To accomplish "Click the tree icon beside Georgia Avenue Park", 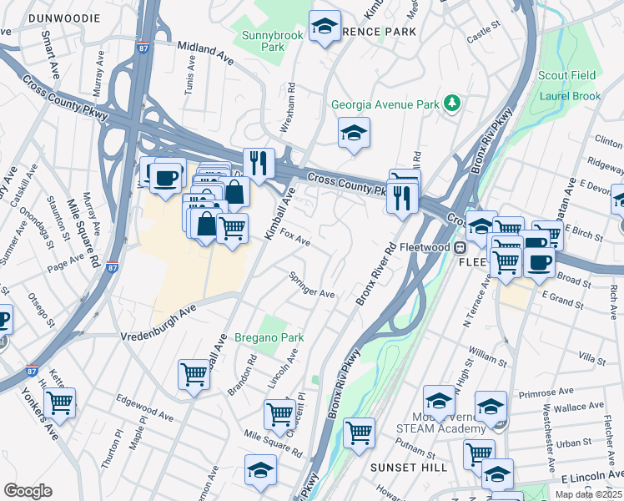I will click(x=452, y=104).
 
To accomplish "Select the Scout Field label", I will click(x=567, y=75).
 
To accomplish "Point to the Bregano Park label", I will click(x=269, y=337).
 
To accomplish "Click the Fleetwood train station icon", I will click(x=459, y=247).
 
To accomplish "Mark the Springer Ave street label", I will click(x=311, y=286).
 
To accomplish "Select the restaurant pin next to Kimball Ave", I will click(x=259, y=162).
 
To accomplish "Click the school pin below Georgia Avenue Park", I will click(x=354, y=133).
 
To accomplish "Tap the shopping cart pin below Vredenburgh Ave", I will click(x=194, y=373).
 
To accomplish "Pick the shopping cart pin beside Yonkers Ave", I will click(x=60, y=402).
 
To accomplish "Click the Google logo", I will click(x=28, y=491).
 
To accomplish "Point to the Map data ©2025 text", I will click(x=587, y=494).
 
